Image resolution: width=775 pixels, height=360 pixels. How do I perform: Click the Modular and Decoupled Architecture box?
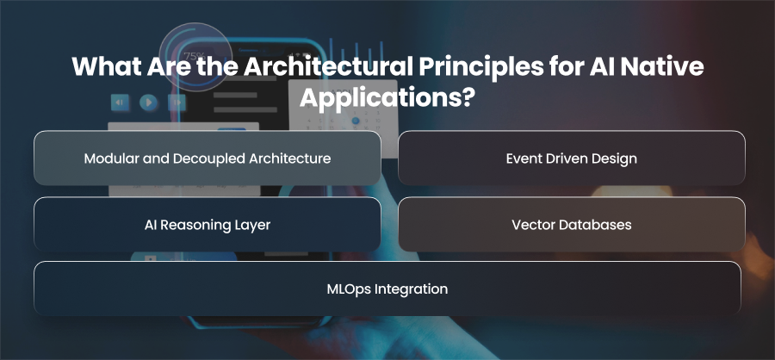pyautogui.click(x=207, y=158)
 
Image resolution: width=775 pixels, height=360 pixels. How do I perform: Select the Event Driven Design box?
pyautogui.click(x=572, y=158)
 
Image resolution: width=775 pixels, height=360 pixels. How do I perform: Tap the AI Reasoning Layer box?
pyautogui.click(x=207, y=225)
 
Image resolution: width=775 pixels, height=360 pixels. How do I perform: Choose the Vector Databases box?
pyautogui.click(x=572, y=225)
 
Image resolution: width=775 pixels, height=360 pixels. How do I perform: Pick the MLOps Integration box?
pyautogui.click(x=387, y=289)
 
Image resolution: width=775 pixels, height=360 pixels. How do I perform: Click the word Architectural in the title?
pyautogui.click(x=327, y=67)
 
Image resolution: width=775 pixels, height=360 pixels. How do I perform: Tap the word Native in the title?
pyautogui.click(x=666, y=67)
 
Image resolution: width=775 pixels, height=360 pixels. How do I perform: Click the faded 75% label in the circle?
pyautogui.click(x=194, y=56)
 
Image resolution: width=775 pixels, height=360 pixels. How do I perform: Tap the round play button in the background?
pyautogui.click(x=148, y=102)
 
